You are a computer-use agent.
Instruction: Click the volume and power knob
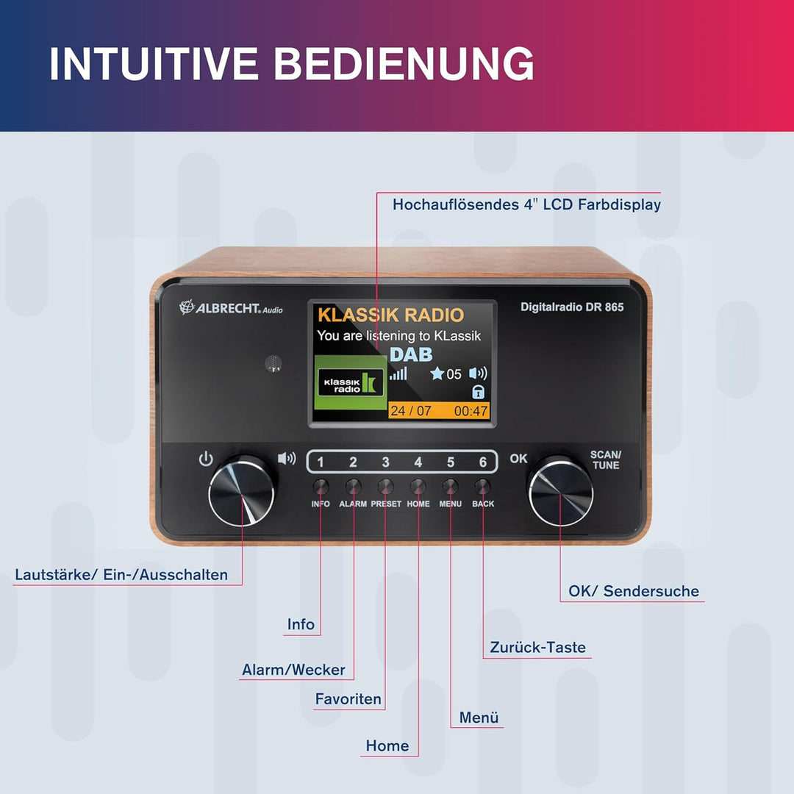[242, 491]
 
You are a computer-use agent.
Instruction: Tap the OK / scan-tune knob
[560, 492]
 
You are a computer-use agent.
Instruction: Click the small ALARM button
[353, 487]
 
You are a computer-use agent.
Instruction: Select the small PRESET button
[385, 487]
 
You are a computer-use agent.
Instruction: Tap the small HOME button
[418, 487]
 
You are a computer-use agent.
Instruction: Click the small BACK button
[482, 487]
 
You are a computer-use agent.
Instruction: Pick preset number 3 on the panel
[385, 462]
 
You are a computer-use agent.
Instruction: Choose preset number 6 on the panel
[483, 462]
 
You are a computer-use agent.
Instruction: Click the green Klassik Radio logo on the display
[351, 382]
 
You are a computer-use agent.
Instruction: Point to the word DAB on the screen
[411, 354]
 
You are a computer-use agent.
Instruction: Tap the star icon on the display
[437, 373]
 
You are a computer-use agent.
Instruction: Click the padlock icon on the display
[478, 392]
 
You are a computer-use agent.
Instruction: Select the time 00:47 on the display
[471, 411]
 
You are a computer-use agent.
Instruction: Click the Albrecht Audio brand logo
[231, 307]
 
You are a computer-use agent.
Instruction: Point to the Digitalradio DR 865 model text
[572, 307]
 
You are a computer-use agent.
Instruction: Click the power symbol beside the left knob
[206, 459]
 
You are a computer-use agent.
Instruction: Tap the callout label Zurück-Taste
[537, 647]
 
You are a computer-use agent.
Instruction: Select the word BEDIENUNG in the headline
[404, 63]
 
